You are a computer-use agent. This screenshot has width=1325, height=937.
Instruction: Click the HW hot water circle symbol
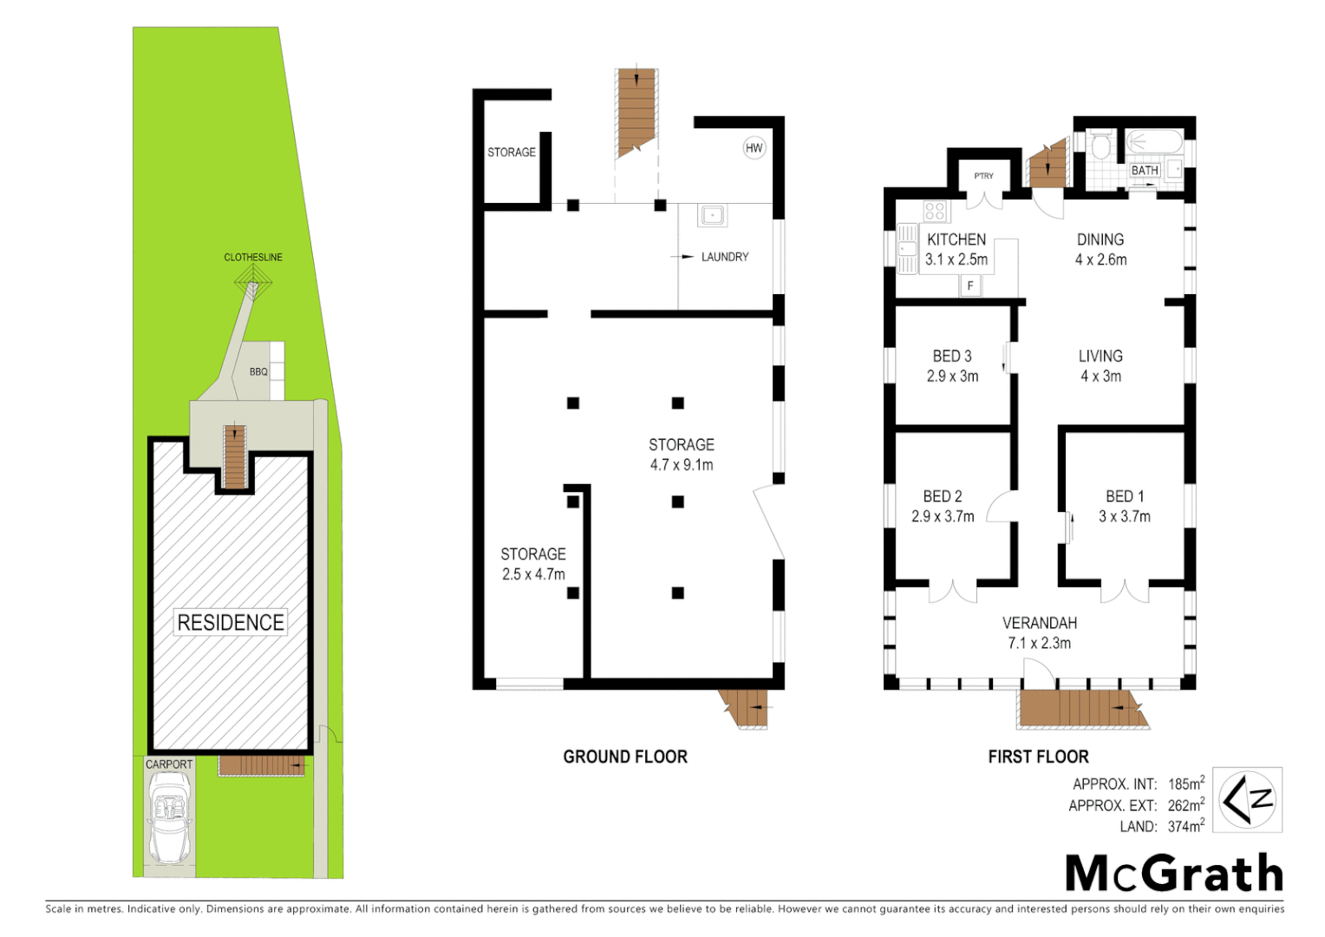(x=754, y=147)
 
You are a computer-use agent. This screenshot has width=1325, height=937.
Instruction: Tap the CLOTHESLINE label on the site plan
(x=253, y=257)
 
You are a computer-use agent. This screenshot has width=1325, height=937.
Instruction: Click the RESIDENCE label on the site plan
(x=231, y=622)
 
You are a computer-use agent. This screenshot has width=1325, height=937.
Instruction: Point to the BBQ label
(x=258, y=372)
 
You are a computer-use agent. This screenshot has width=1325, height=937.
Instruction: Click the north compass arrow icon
(x=1246, y=799)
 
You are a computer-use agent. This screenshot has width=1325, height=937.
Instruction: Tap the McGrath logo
(x=1173, y=873)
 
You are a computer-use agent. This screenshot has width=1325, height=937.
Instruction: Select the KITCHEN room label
(x=956, y=239)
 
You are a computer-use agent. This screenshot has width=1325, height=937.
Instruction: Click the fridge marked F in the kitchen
(x=970, y=285)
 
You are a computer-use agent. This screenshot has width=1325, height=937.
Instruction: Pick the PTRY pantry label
(x=983, y=176)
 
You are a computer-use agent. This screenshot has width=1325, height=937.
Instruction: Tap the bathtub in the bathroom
(x=1154, y=142)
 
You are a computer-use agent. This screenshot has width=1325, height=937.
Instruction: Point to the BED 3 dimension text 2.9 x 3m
(x=952, y=377)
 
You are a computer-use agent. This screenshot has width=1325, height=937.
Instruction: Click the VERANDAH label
(x=1039, y=623)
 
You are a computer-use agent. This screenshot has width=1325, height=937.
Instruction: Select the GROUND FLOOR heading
(x=625, y=757)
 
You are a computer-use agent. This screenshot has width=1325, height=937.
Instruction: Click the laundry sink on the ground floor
(x=713, y=214)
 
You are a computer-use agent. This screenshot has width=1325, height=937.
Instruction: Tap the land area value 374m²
(x=1185, y=827)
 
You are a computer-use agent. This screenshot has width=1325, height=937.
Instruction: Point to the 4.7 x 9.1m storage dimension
(x=682, y=465)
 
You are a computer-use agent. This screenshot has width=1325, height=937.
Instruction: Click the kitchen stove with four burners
(x=935, y=211)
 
